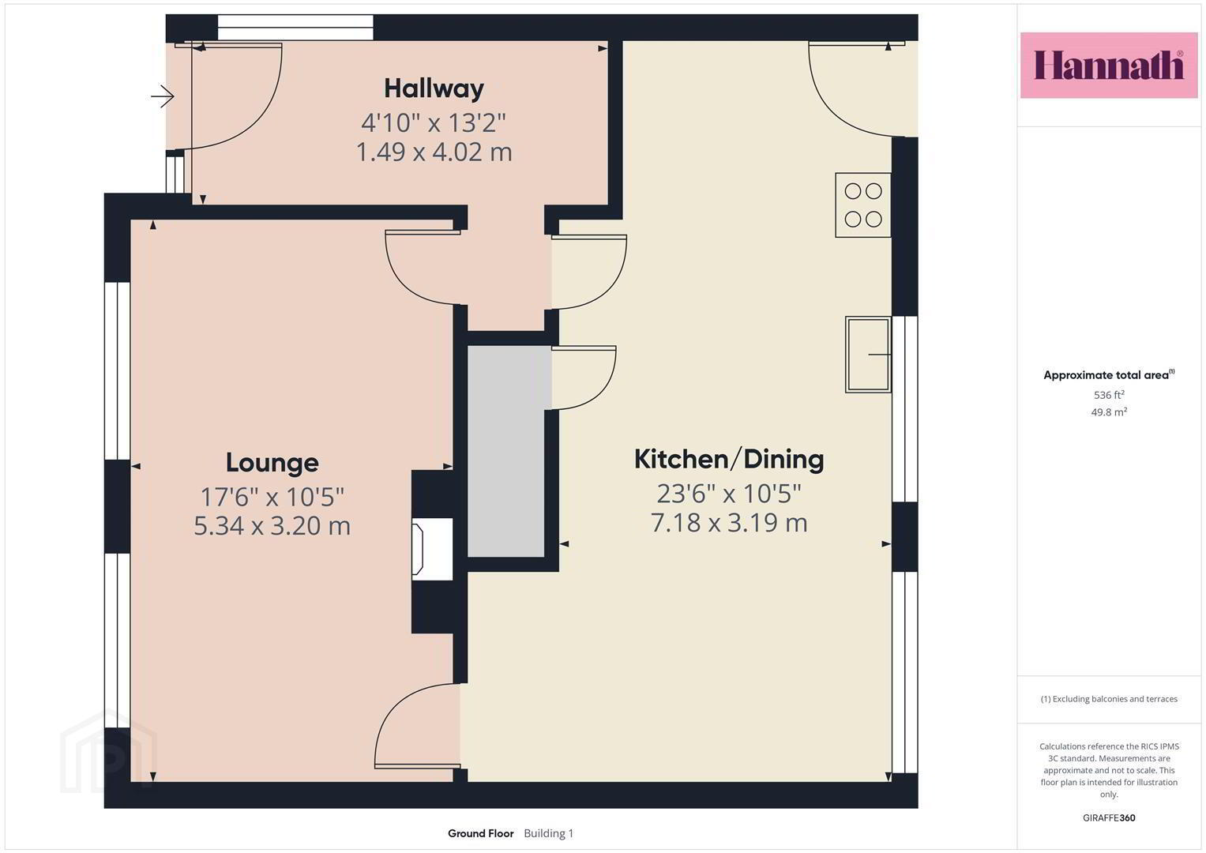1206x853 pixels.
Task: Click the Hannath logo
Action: [1109, 65]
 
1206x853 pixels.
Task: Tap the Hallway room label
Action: [434, 88]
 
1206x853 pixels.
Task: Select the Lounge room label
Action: [272, 463]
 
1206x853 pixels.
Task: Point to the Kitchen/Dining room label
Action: [729, 460]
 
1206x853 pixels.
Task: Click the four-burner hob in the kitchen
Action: [863, 205]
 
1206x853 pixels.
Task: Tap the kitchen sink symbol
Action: [868, 355]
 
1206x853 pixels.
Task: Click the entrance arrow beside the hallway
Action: [163, 97]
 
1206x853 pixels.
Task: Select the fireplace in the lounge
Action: [432, 549]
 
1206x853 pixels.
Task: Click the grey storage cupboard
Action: [506, 451]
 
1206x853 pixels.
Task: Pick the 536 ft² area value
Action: [1109, 395]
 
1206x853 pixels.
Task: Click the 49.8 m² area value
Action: [1109, 412]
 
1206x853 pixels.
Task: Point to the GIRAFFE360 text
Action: [1109, 818]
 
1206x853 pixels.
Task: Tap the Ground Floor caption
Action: [481, 833]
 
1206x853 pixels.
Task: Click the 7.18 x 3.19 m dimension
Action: [729, 523]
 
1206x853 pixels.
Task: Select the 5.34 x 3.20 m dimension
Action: [272, 525]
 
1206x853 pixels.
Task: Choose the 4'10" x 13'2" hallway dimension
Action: [434, 122]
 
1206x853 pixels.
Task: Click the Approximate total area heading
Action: [1109, 375]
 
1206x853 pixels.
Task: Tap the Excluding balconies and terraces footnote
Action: [1109, 699]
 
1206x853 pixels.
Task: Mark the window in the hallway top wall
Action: [295, 27]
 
